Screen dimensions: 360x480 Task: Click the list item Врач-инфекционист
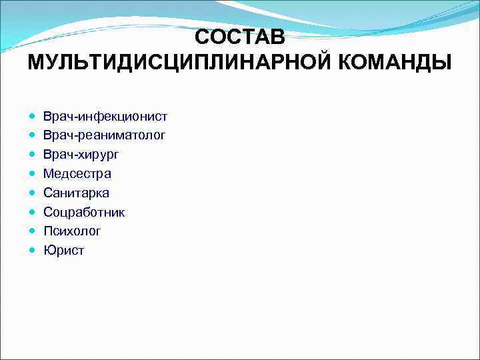[105, 117]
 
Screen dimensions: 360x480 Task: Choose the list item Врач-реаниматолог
[104, 135]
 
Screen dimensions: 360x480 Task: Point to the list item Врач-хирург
[81, 155]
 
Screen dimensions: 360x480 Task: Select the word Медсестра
[77, 174]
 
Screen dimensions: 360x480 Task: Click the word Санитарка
[76, 193]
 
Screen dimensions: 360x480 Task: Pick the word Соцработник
[84, 213]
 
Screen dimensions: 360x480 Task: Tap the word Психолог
[72, 231]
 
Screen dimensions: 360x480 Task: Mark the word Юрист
[63, 251]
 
